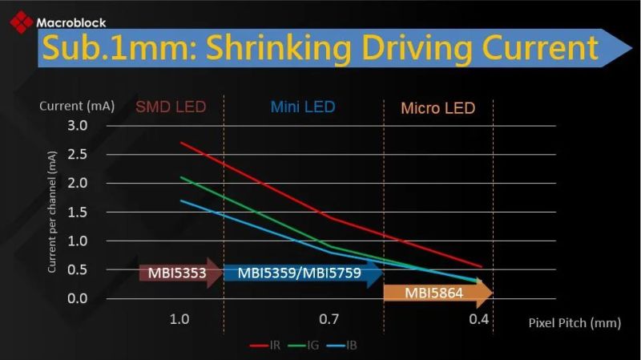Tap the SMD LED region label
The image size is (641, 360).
(170, 107)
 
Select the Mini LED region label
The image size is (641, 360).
(302, 107)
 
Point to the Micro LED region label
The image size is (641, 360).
(437, 108)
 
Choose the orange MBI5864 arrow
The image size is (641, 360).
(436, 293)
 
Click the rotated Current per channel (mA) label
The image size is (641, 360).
(52, 212)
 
